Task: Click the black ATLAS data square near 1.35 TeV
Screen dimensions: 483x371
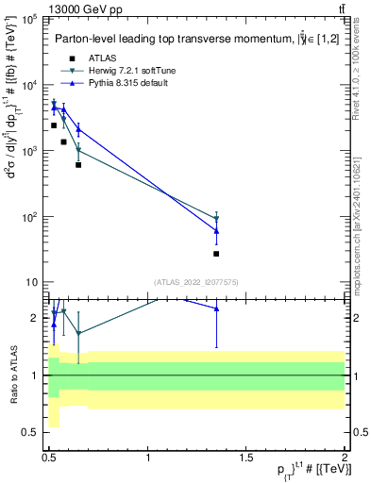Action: (x=216, y=254)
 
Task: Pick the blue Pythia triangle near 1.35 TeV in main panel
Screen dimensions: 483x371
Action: (x=216, y=230)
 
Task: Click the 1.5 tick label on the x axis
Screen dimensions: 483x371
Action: (x=246, y=458)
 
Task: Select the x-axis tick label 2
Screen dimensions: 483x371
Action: (x=345, y=458)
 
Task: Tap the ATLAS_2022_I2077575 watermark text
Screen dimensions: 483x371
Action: (x=196, y=281)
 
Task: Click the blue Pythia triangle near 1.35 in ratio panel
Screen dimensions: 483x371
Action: (x=216, y=308)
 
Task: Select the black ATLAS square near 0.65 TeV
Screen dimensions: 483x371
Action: (x=78, y=165)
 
